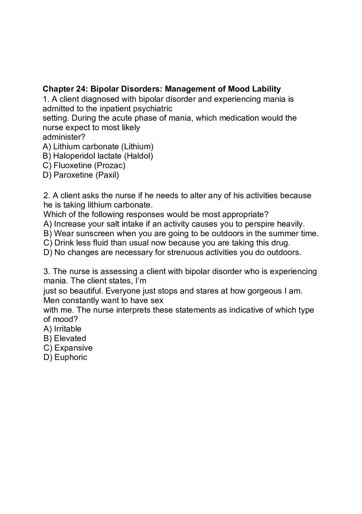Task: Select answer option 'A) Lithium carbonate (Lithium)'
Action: pos(98,147)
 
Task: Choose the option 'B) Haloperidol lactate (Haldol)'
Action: pos(98,156)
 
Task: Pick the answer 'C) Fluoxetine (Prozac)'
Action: pos(84,166)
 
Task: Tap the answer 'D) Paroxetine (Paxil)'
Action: pos(81,175)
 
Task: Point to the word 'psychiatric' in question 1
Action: pos(152,109)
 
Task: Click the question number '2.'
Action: pos(47,196)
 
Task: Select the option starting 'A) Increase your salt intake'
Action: pos(174,224)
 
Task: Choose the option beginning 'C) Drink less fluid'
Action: pos(167,243)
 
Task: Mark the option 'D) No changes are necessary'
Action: pos(172,253)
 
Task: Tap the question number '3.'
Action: pos(47,272)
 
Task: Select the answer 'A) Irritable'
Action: pos(63,329)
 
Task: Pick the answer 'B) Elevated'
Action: pos(65,338)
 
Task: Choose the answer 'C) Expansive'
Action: pos(68,348)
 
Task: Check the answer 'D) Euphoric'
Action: pos(65,357)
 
